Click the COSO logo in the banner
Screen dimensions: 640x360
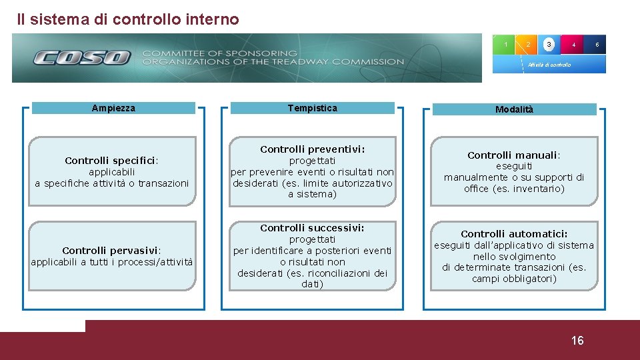tap(82, 58)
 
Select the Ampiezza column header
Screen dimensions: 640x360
tap(113, 108)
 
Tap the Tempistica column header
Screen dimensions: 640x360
tap(312, 108)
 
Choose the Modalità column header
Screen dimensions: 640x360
tap(514, 109)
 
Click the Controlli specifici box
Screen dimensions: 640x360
tap(112, 171)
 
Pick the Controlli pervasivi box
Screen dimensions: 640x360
tap(112, 256)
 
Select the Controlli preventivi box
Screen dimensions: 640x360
tap(312, 171)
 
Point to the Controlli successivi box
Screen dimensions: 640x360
tap(312, 256)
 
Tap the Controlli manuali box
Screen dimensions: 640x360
tap(514, 171)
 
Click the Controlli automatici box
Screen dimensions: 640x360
tap(514, 256)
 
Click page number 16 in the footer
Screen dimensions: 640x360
tap(577, 341)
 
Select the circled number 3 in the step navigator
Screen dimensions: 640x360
tap(549, 45)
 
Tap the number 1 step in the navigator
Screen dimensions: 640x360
tap(506, 45)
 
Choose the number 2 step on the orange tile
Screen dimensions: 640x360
tap(527, 45)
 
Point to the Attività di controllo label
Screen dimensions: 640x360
tap(549, 65)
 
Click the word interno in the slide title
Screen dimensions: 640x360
tap(215, 19)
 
